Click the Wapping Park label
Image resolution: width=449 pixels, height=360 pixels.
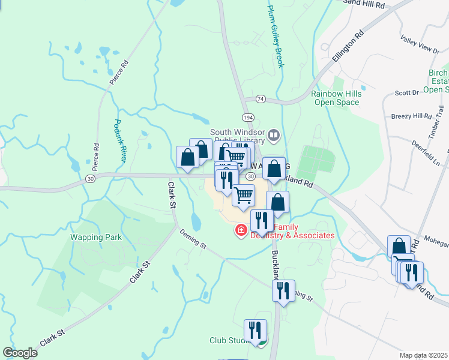coord(96,237)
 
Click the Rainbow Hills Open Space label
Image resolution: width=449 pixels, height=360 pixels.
coord(335,98)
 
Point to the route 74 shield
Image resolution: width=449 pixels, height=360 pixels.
coord(260,98)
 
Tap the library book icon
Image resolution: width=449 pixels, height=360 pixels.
coord(274,136)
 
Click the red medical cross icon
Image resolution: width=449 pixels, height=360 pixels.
coord(241,230)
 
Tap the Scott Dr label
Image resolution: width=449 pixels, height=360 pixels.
coord(406,93)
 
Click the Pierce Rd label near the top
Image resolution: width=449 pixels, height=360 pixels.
coord(119,72)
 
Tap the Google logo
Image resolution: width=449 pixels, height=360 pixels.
coord(20,353)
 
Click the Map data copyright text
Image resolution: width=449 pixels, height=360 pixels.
coord(423,355)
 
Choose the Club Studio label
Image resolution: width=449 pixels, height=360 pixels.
coord(231,340)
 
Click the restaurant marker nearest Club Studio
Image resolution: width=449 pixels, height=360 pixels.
coord(255,330)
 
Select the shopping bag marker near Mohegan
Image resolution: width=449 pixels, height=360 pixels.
coord(399,246)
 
